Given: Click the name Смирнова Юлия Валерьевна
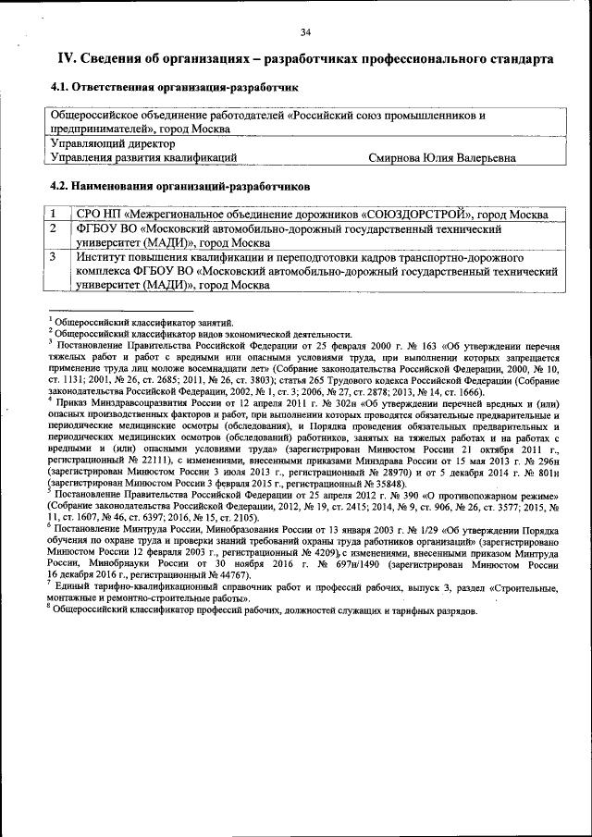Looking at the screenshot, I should pos(441,158).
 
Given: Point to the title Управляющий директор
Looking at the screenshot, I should pos(112,144).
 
